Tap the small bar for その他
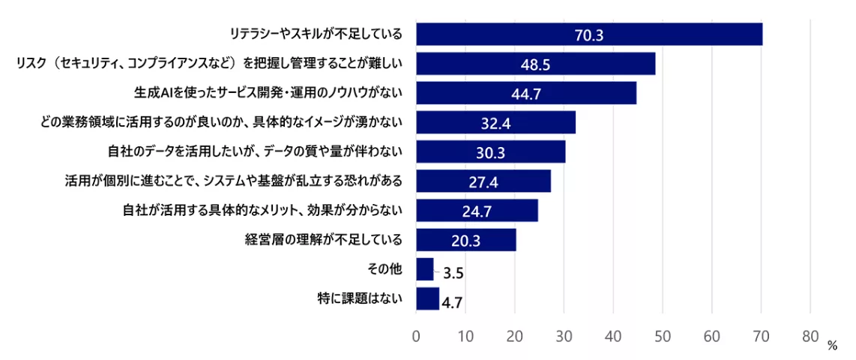coord(425,269)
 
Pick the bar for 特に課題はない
coord(427,298)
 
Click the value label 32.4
coord(495,123)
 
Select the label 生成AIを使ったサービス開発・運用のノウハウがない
coord(269,93)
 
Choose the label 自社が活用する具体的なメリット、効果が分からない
coord(262,211)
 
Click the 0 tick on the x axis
coord(416,337)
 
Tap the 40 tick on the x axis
coord(613,337)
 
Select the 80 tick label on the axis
coord(810,337)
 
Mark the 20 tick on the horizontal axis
coord(514,337)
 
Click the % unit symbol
coord(832,346)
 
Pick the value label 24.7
coord(477,211)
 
